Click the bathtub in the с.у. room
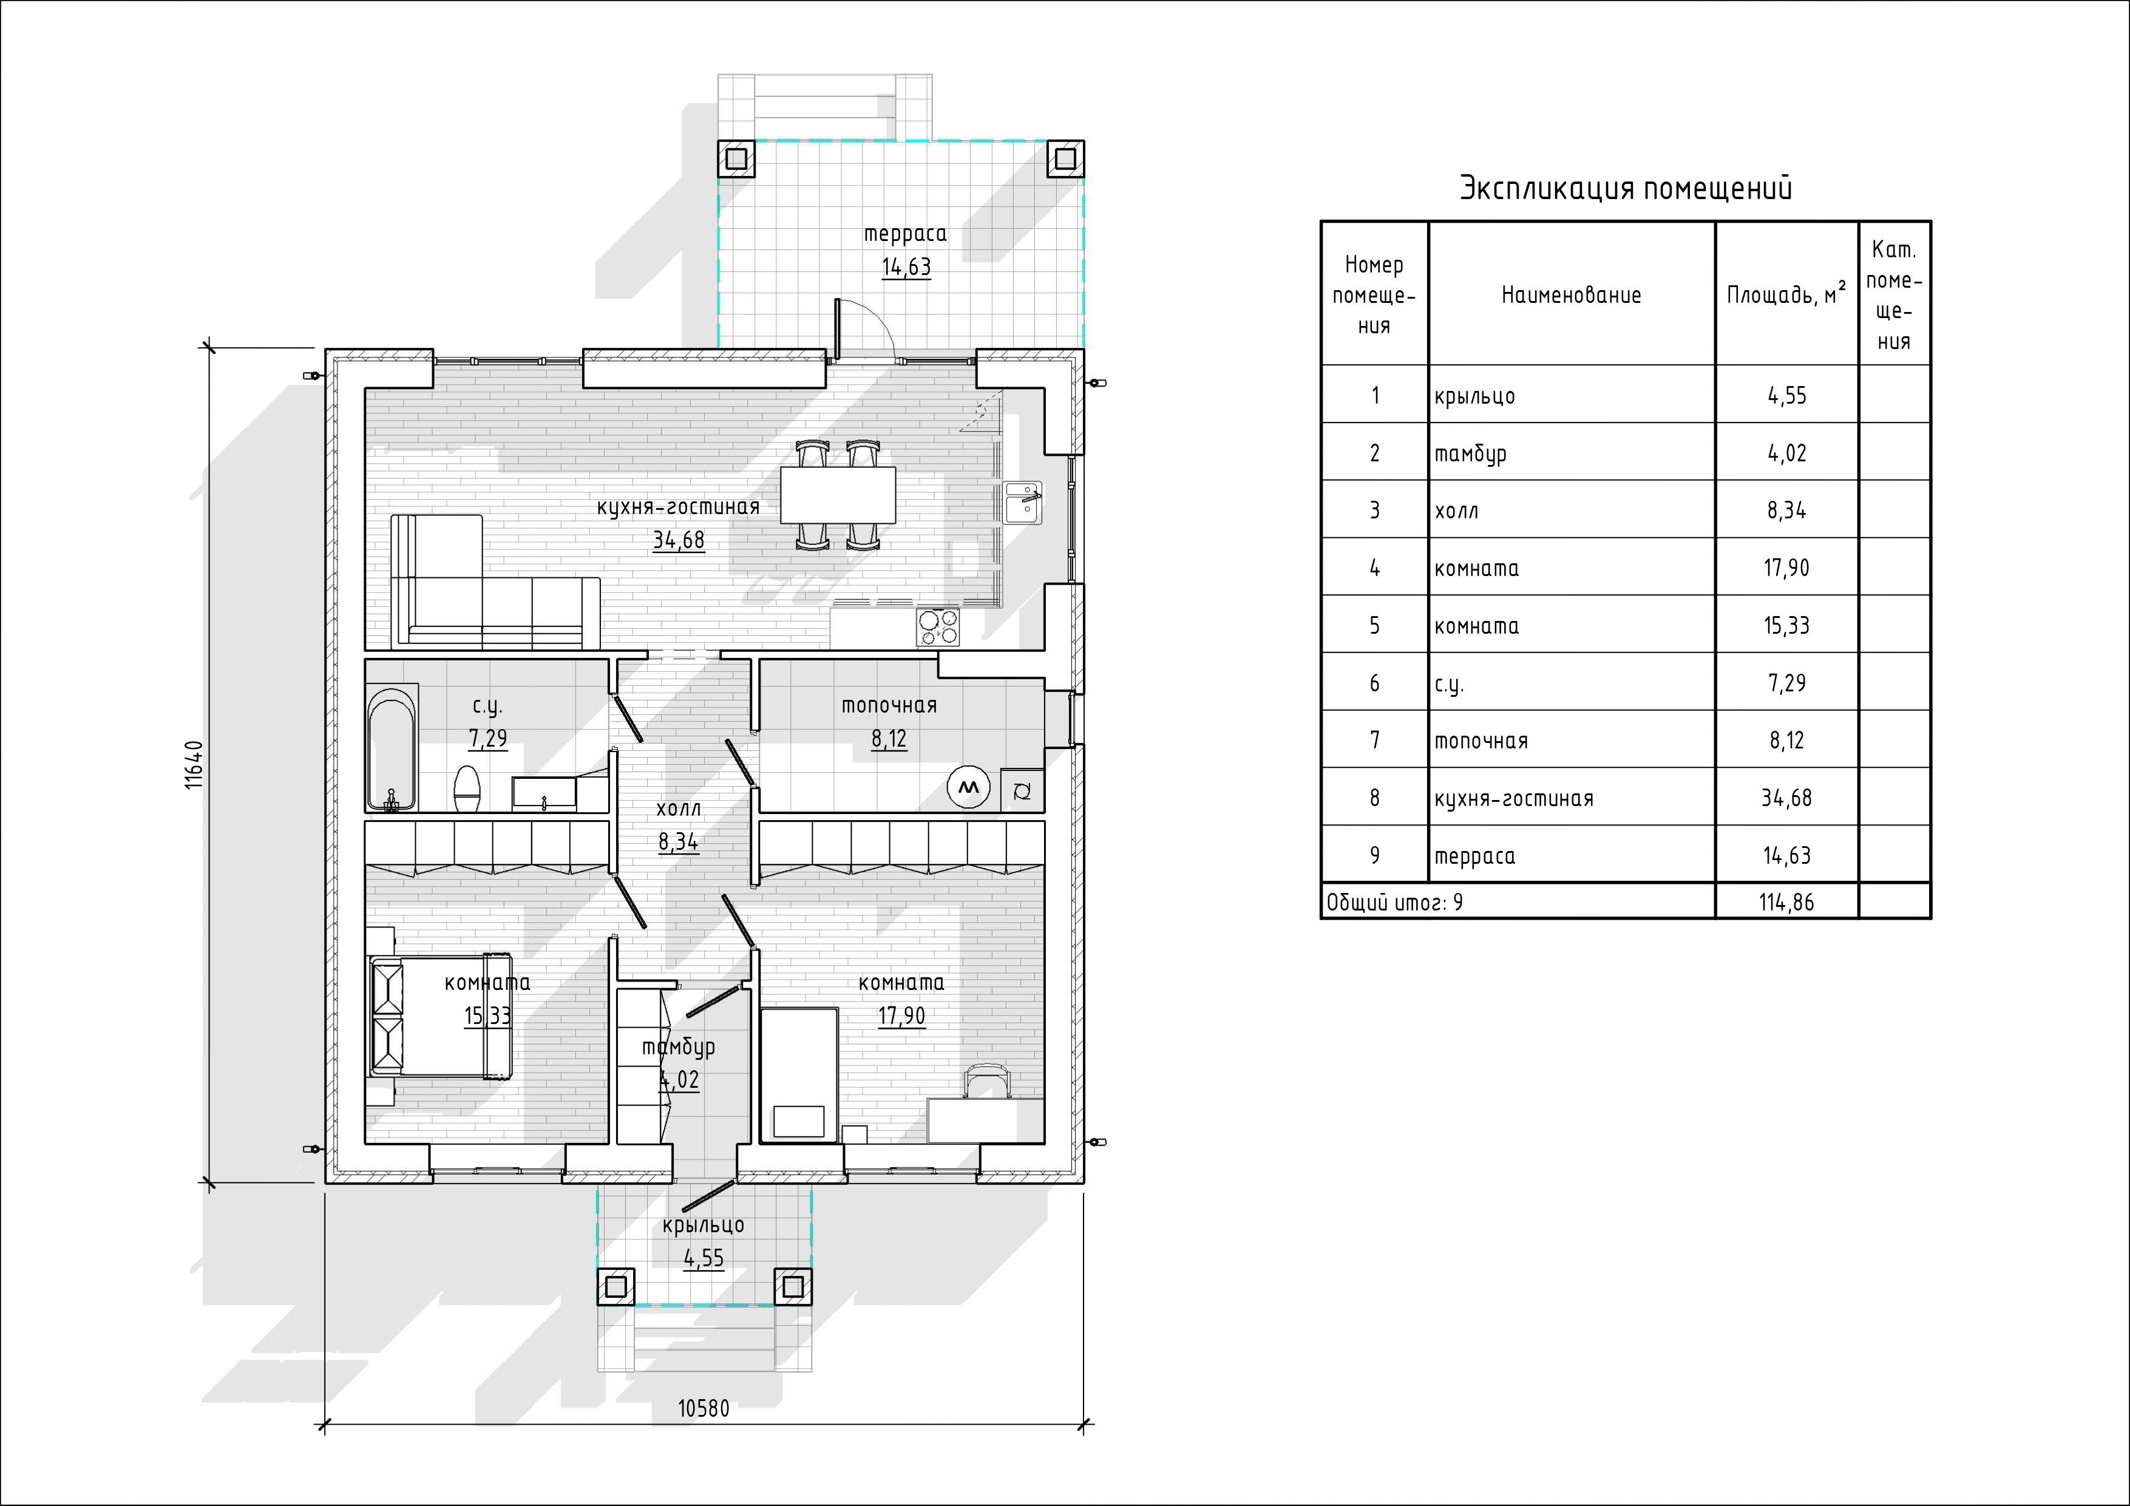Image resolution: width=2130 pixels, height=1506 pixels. [392, 748]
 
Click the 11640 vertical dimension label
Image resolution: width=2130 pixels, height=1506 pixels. [194, 765]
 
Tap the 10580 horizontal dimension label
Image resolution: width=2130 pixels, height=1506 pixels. [703, 1408]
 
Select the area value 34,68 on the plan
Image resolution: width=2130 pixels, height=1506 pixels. [678, 540]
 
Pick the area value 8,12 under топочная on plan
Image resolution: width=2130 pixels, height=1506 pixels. [889, 739]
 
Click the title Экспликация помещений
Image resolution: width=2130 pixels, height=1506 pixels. [1626, 188]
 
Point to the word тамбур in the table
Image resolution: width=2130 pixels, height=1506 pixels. [1470, 455]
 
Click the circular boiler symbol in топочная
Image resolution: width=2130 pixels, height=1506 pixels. [969, 788]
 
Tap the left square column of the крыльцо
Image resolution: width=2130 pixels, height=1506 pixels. [615, 1287]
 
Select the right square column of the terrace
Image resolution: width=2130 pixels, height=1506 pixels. [1065, 158]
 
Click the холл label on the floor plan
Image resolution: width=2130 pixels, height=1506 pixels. [678, 808]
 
